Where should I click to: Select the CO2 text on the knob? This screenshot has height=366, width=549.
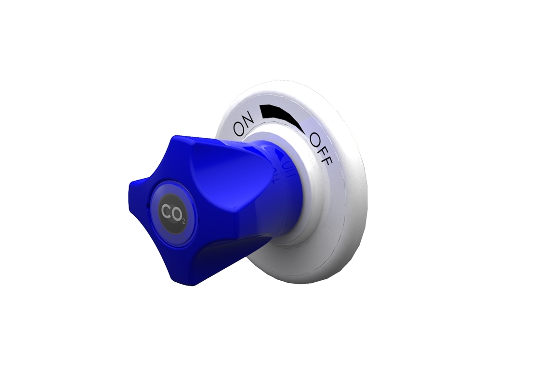172,212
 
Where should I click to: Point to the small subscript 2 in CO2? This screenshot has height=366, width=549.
182,221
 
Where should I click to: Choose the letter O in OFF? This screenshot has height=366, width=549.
315,139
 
